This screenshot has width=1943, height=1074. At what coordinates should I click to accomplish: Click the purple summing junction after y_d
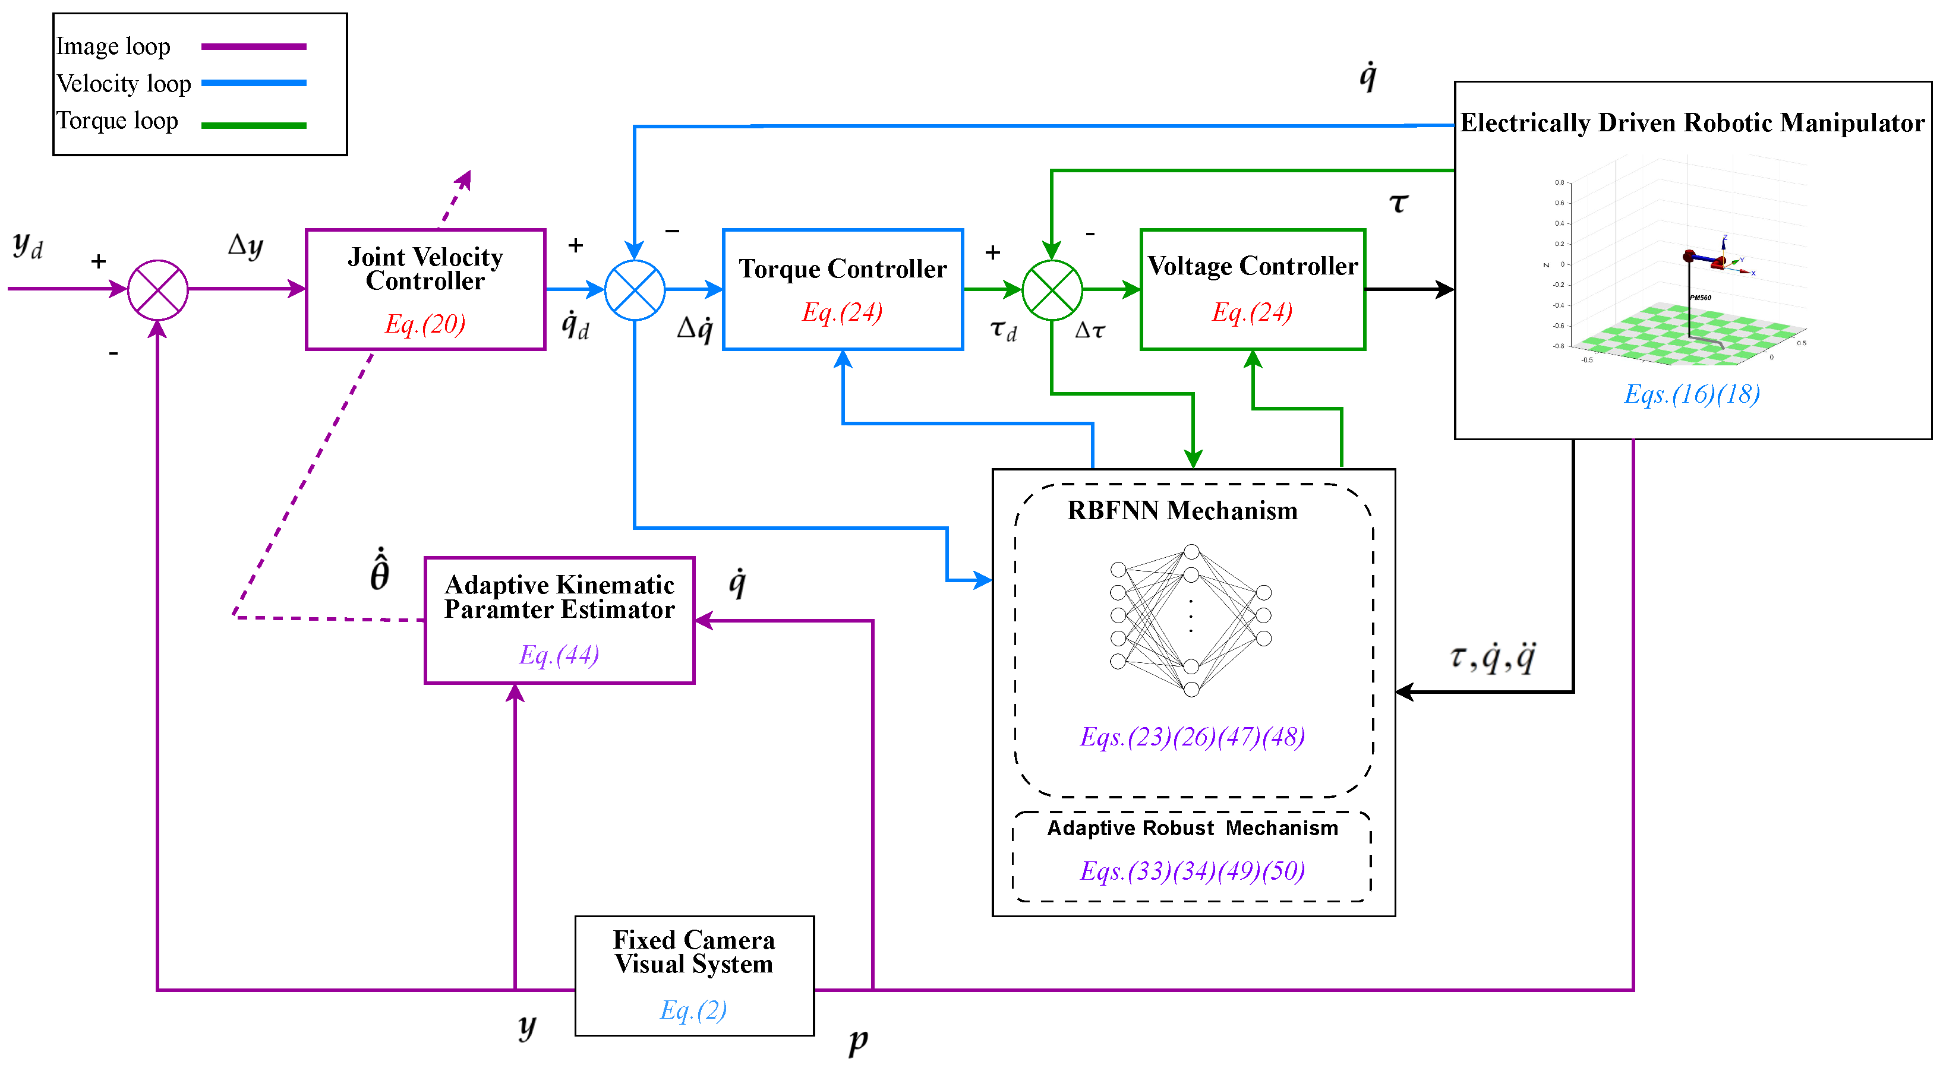[157, 290]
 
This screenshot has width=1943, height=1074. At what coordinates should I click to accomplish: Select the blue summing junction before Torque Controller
[635, 290]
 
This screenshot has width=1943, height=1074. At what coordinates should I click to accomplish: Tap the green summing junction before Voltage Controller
[1052, 290]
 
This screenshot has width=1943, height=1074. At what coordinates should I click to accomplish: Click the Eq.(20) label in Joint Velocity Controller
[425, 324]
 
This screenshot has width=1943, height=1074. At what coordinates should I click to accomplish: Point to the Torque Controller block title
[843, 268]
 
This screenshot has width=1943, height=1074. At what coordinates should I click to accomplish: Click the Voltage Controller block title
[1252, 266]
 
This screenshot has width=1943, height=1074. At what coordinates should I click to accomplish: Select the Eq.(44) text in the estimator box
[559, 654]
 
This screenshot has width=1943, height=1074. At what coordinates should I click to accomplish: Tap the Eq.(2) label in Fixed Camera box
[693, 1009]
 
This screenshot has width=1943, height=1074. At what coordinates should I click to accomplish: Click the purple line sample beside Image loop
[254, 47]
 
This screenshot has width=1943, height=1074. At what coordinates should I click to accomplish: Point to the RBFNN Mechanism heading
[1182, 511]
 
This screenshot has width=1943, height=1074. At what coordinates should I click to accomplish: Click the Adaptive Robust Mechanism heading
[1192, 827]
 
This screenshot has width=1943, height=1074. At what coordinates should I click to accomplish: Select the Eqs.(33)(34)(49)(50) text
[1192, 870]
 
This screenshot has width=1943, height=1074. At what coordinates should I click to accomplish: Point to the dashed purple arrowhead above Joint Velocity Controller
[465, 179]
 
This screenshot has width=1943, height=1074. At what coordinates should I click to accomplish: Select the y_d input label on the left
[28, 245]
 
